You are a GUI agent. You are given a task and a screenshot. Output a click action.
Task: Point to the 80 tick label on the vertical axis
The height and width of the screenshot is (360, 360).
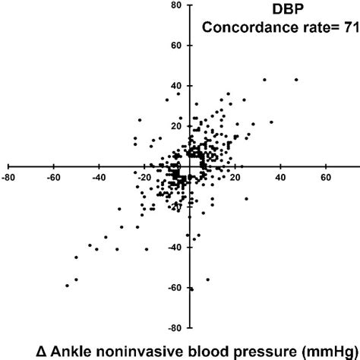coord(176,6)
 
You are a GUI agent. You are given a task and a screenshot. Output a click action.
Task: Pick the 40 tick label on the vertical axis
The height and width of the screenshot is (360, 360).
coord(176,86)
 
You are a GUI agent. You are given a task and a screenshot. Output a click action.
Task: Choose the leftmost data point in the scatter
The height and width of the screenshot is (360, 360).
coord(68,286)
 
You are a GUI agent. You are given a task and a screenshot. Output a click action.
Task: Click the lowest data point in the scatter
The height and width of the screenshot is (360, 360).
coord(191,289)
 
